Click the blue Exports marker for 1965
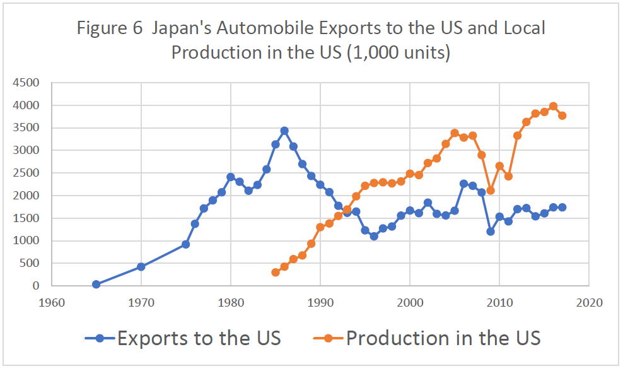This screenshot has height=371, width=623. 96,285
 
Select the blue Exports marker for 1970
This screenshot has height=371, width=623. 141,267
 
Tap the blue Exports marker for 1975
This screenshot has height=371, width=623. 185,244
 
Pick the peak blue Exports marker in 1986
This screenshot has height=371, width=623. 284,131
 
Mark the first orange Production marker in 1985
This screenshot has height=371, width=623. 276,273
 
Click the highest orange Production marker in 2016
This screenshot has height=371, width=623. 553,106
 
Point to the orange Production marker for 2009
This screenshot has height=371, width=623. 491,190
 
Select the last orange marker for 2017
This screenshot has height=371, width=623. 562,115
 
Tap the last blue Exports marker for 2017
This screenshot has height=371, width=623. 562,207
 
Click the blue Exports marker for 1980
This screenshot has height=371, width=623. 231,177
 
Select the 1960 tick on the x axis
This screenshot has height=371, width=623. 52,302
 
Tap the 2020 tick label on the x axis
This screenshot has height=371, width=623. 589,302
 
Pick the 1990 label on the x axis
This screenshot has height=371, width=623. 320,302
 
